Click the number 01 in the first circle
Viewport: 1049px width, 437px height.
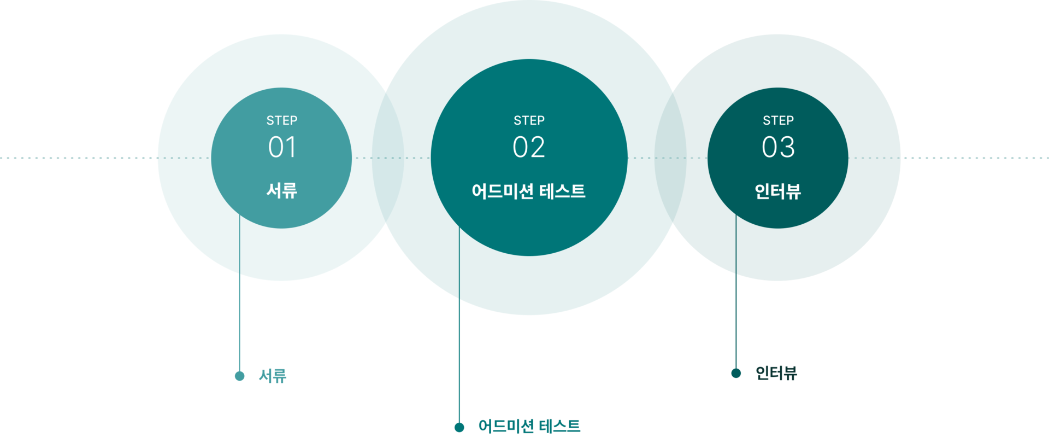(x=282, y=147)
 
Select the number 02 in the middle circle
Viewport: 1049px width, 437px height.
(x=529, y=147)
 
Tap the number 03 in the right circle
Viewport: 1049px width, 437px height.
(x=778, y=147)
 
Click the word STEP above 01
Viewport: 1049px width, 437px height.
(x=282, y=120)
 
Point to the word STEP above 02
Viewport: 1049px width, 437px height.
(x=529, y=120)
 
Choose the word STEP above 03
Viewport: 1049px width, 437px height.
(x=778, y=120)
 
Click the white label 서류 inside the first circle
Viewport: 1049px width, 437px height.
(x=282, y=190)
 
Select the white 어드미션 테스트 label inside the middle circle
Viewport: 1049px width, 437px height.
(x=528, y=191)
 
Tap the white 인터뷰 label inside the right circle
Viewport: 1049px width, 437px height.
(x=777, y=191)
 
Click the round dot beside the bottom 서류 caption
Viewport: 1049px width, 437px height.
(x=239, y=376)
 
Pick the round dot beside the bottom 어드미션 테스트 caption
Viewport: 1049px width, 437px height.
(x=459, y=427)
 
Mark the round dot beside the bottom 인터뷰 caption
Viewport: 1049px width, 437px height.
(x=736, y=373)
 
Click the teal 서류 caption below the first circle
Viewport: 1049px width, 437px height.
(x=273, y=376)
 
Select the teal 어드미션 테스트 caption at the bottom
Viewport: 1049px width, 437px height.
(x=529, y=426)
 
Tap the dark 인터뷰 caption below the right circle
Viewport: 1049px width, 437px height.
(x=776, y=373)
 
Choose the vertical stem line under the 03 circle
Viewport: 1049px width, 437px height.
(x=736, y=323)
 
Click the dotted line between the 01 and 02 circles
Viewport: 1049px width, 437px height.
(x=392, y=158)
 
